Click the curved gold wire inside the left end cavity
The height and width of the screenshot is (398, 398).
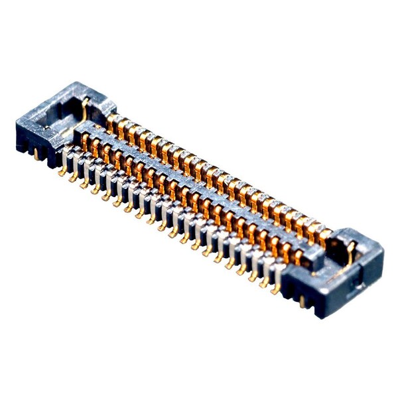pos(84,110)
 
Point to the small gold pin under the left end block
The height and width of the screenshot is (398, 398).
pos(34,154)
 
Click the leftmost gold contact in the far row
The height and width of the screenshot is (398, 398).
pos(112,121)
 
